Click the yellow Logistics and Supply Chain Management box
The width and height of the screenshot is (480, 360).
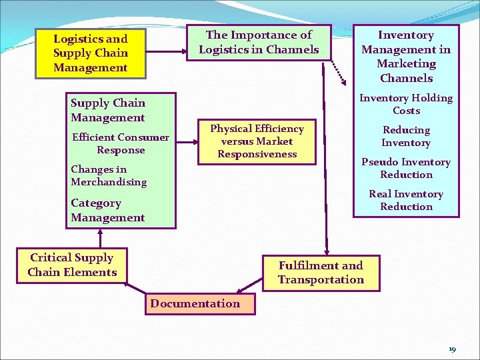pyautogui.click(x=90, y=53)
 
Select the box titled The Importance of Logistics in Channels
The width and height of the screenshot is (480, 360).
pyautogui.click(x=259, y=42)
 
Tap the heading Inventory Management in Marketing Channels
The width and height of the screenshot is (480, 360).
pyautogui.click(x=405, y=57)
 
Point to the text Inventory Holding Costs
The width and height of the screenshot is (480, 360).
pyautogui.click(x=405, y=104)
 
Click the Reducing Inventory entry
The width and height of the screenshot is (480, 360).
pyautogui.click(x=405, y=136)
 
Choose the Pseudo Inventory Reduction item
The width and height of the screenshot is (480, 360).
pyautogui.click(x=405, y=168)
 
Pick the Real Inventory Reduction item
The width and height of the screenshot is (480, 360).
pyautogui.click(x=405, y=200)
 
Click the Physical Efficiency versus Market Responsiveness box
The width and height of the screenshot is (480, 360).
pyautogui.click(x=257, y=141)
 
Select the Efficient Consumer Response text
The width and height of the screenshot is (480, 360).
pyautogui.click(x=120, y=143)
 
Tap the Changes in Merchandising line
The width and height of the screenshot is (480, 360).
pyautogui.click(x=109, y=175)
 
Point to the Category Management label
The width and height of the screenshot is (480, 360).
pyautogui.click(x=107, y=210)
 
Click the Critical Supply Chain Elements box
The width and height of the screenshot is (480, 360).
pyautogui.click(x=72, y=265)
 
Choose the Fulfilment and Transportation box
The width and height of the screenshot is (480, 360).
pyautogui.click(x=321, y=273)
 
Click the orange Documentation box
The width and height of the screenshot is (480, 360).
pyautogui.click(x=195, y=303)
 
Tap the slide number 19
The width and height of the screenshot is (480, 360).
pyautogui.click(x=452, y=349)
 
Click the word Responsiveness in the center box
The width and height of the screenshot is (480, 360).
pyautogui.click(x=257, y=154)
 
